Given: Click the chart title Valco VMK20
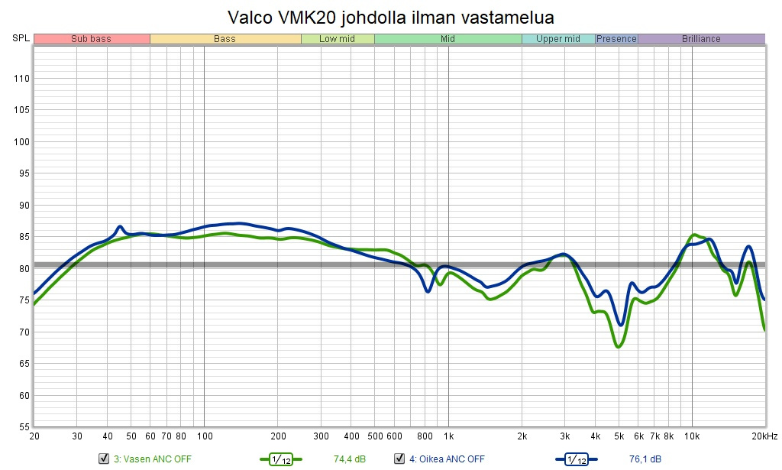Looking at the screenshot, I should tap(390, 17).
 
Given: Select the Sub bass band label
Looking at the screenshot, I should tap(91, 39).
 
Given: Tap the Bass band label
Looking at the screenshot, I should tap(225, 39).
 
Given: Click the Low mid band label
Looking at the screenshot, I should tap(337, 39).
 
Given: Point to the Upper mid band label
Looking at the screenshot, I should tap(558, 39).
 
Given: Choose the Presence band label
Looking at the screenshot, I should tap(616, 39).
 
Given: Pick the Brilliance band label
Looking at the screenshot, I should tap(701, 39).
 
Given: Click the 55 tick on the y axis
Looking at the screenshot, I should tap(24, 426).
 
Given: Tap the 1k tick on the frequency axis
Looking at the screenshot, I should tap(448, 436).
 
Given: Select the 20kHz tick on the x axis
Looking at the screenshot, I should tap(764, 436).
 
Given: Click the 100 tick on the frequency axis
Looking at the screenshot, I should tap(204, 436).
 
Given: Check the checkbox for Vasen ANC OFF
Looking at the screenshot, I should tap(104, 459).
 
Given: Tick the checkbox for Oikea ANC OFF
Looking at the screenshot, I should tap(399, 459).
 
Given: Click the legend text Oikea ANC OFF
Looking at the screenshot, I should tap(447, 459).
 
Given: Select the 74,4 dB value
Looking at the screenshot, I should tap(349, 459).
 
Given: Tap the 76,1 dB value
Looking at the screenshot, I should tap(645, 459).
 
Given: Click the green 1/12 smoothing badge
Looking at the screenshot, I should tap(281, 459).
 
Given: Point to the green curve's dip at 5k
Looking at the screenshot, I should tap(619, 346).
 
